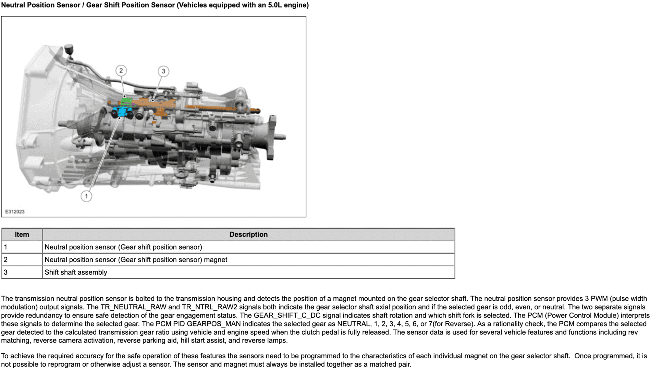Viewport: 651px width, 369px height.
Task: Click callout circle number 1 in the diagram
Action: [x=86, y=196]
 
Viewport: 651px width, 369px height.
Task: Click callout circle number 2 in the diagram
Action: [x=121, y=71]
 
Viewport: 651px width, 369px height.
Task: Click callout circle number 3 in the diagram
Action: [x=163, y=71]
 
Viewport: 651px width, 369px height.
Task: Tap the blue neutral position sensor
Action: [x=121, y=112]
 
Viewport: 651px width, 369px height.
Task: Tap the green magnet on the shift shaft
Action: [x=126, y=102]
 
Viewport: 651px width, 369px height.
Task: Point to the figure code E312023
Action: [x=15, y=212]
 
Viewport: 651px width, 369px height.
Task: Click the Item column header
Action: [x=22, y=234]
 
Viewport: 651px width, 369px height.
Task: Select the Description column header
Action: [x=248, y=234]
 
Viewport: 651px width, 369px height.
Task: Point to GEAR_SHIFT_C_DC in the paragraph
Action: [x=287, y=315]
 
